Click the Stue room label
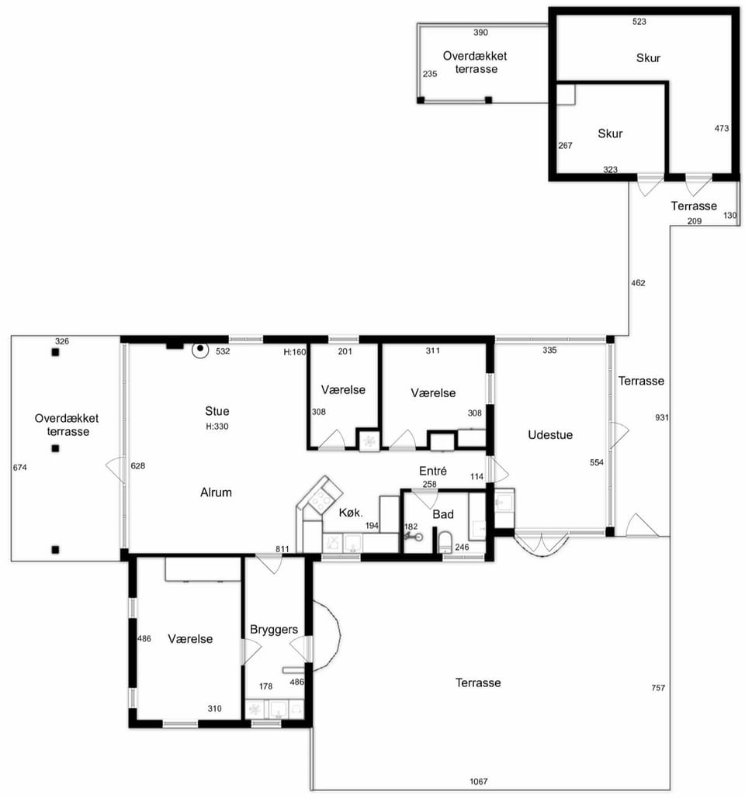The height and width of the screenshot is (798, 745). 217,411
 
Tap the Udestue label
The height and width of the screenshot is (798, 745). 550,434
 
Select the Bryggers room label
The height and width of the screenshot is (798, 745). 274,630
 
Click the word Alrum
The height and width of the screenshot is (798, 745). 216,492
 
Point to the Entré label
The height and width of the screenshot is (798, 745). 433,471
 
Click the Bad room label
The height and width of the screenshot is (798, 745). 443,514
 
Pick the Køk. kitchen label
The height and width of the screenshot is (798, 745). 351,513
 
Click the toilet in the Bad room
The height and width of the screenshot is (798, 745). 445,543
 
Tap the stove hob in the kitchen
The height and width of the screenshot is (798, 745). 321,496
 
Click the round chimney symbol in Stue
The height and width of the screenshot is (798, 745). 201,350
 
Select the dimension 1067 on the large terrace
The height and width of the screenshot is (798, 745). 478,781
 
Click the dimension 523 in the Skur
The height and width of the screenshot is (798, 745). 639,22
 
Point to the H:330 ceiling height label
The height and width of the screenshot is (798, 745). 217,427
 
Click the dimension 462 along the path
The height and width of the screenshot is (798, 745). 638,283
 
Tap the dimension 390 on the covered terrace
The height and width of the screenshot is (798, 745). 480,33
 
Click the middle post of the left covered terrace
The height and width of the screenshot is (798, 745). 56,448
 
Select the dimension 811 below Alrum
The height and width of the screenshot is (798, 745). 282,548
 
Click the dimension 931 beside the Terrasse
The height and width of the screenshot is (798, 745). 661,417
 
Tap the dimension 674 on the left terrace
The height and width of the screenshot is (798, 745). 20,467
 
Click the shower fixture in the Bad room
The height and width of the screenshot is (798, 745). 413,536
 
